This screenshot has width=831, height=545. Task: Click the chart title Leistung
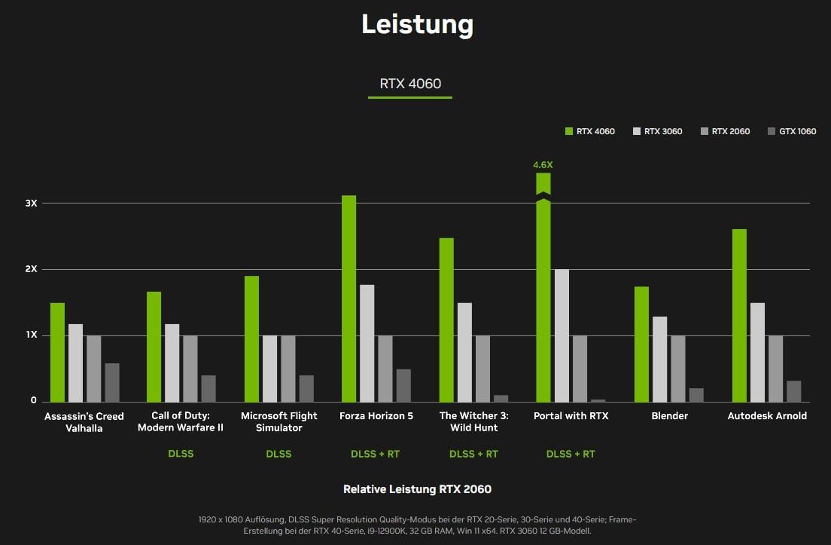point(417,25)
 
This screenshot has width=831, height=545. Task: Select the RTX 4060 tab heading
point(410,83)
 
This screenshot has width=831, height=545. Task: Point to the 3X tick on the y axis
point(30,204)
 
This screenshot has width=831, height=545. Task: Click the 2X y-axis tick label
point(30,269)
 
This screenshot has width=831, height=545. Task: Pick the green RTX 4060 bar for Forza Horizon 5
point(349,299)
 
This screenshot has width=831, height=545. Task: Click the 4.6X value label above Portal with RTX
point(543,164)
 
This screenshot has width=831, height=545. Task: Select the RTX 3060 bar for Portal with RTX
point(562,335)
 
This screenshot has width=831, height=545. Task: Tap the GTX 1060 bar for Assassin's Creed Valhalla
point(112,382)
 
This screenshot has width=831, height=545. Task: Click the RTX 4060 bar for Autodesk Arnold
point(739,315)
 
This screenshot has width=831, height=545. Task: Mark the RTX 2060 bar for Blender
point(678,369)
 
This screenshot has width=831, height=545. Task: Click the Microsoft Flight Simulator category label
point(279,421)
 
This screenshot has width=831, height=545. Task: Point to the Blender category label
point(669,416)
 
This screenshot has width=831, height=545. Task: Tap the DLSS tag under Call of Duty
point(181,454)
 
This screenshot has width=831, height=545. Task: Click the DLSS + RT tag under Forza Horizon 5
point(376,454)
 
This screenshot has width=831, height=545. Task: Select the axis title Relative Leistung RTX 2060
point(417,489)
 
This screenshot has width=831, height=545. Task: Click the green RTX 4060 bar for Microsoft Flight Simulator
point(251,338)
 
